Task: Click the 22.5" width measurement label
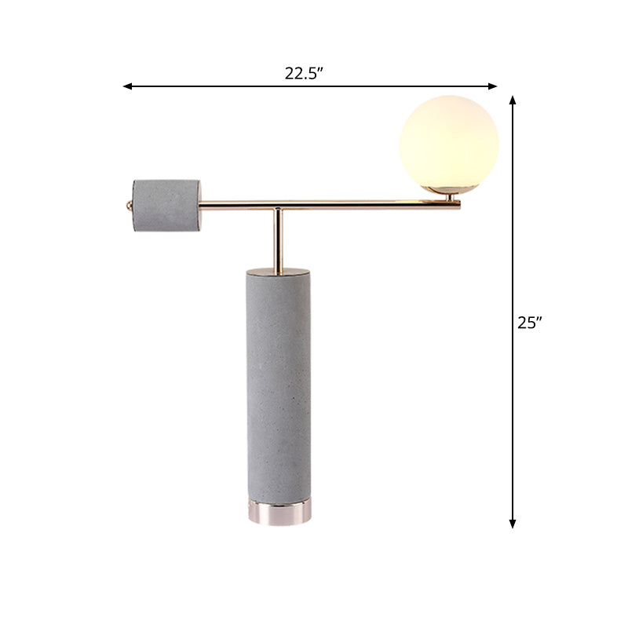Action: pyautogui.click(x=305, y=74)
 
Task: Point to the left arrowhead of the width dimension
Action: pyautogui.click(x=126, y=86)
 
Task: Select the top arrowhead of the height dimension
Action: pyautogui.click(x=513, y=100)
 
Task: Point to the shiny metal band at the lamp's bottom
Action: pyautogui.click(x=279, y=513)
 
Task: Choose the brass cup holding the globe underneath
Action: pyautogui.click(x=444, y=189)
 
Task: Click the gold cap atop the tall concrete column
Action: pyautogui.click(x=279, y=268)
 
